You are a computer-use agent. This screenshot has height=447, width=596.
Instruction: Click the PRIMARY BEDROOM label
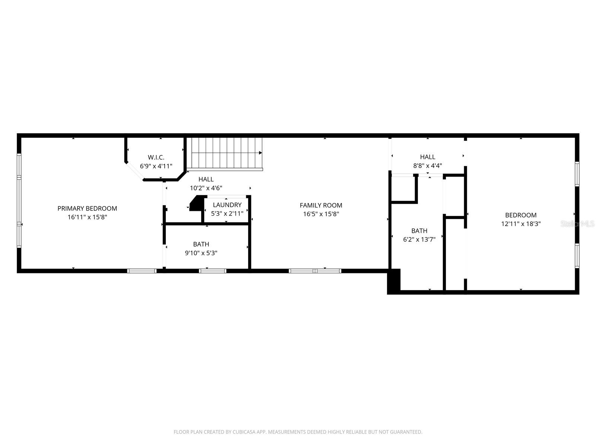click(87, 208)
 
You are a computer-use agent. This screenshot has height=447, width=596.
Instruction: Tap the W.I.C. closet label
click(156, 157)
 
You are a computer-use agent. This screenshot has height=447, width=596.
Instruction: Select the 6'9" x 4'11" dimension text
click(156, 166)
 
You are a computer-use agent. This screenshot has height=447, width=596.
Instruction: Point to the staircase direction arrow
click(260, 153)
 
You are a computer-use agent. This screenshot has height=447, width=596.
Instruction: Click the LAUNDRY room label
click(227, 205)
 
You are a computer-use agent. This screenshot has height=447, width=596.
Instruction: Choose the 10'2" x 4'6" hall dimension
click(206, 188)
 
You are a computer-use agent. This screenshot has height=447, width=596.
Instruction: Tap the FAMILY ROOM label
click(321, 205)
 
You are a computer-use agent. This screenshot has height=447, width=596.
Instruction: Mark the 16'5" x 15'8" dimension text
click(321, 214)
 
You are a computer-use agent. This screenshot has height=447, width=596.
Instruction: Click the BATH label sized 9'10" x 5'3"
click(201, 244)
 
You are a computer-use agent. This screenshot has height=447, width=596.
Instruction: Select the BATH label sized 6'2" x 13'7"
click(419, 231)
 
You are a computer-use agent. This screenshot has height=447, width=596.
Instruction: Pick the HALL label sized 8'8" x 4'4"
click(427, 157)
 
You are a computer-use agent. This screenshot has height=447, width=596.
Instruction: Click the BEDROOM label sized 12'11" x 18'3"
click(520, 215)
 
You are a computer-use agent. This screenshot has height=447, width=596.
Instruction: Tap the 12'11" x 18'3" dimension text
click(520, 224)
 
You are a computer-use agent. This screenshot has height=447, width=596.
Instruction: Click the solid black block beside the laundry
click(196, 205)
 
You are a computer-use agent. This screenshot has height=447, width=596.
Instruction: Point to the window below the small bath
click(212, 271)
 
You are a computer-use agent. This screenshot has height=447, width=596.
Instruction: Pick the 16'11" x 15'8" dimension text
click(87, 217)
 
